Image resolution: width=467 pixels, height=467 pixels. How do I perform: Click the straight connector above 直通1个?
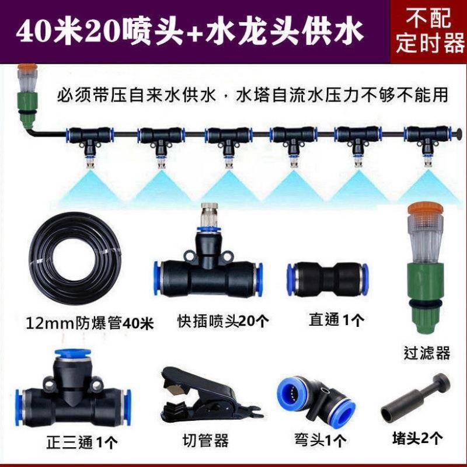[x=326, y=278]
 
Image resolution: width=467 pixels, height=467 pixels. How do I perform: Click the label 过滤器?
[x=427, y=352]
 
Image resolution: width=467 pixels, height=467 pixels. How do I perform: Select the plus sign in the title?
[x=193, y=31]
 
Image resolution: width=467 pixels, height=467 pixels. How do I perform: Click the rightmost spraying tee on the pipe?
[x=421, y=140]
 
